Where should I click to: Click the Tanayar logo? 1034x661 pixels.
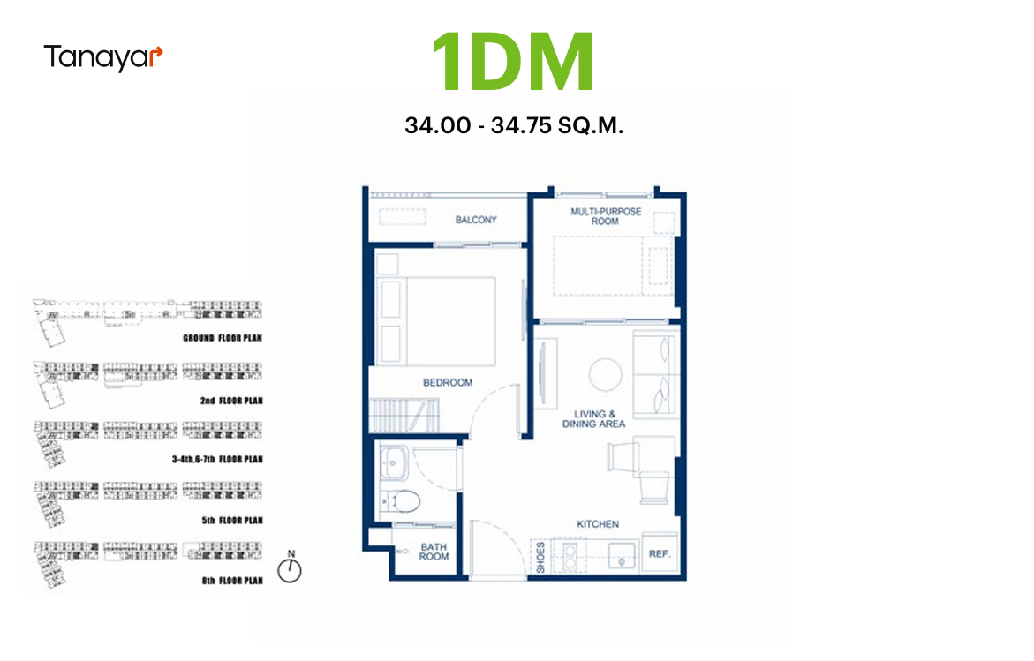103,57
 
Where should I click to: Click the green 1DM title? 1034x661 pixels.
513,62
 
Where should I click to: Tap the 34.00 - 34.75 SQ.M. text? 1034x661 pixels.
514,125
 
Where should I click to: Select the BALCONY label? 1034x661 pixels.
476,220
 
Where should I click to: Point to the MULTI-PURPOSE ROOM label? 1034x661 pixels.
606,216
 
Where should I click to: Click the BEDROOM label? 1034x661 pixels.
448,382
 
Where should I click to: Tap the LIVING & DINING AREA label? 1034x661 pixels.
593,419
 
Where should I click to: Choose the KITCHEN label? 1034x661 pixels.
598,524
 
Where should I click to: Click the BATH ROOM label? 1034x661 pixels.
434,552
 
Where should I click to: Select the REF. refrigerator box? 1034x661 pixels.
660,553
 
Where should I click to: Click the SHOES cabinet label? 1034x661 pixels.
540,557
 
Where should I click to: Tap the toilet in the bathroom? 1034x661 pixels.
400,502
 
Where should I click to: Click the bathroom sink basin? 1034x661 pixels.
393,463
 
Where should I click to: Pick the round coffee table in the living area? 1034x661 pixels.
605,374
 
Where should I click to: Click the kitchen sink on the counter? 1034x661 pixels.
621,556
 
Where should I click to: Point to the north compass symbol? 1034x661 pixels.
290,567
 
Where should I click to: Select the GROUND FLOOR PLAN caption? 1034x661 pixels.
223,338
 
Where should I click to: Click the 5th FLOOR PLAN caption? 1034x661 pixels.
232,521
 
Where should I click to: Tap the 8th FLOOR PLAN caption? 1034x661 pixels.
232,581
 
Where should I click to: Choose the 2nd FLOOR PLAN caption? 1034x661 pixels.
231,401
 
